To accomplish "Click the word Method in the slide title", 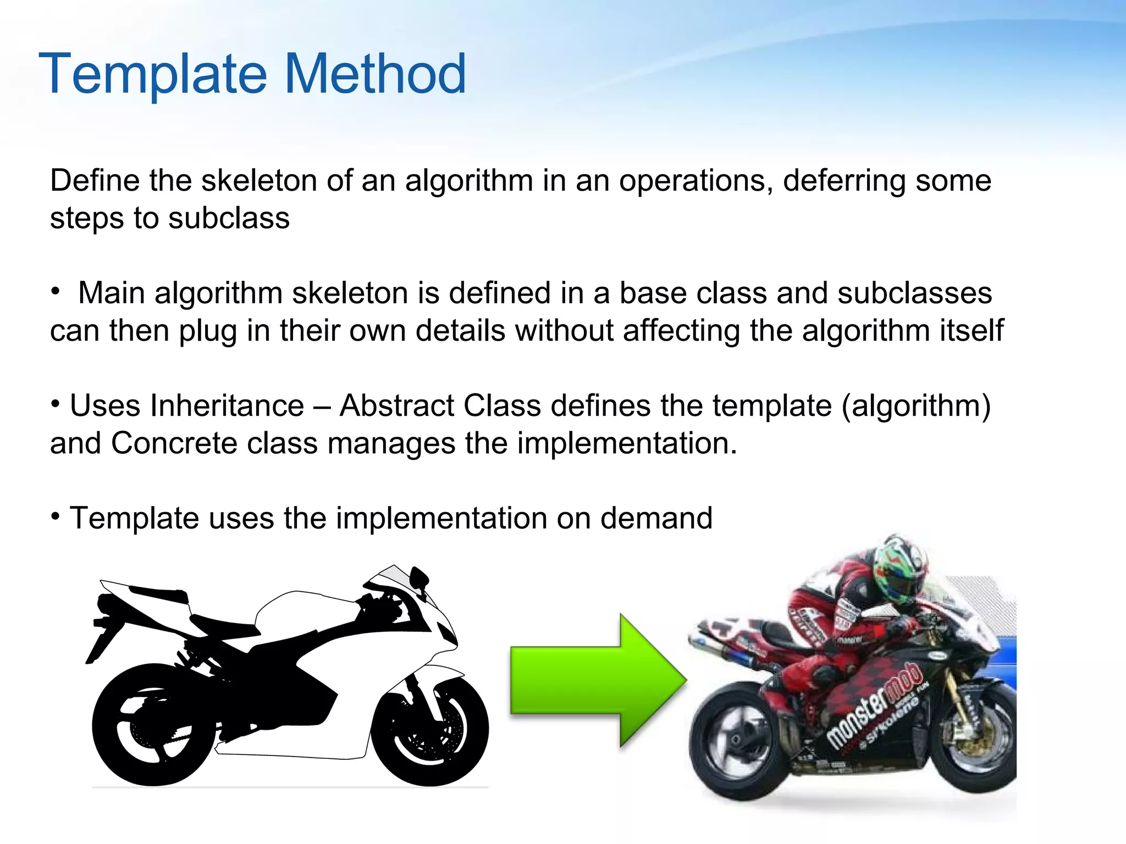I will click(x=376, y=74).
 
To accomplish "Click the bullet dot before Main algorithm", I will click(x=55, y=292).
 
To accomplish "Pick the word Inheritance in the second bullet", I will click(x=227, y=406).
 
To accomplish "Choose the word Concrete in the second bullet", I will click(x=174, y=443).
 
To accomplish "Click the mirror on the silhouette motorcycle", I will click(x=419, y=577).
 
